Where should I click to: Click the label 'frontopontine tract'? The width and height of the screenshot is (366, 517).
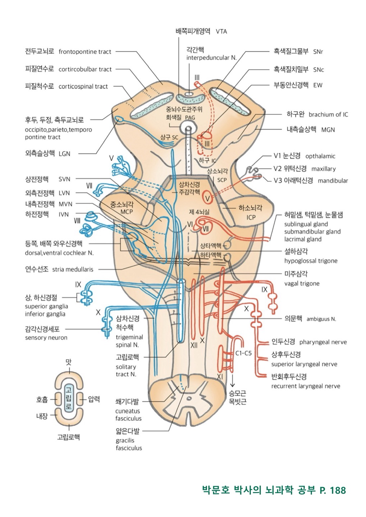tap(85, 52)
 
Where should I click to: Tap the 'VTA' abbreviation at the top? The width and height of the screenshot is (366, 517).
tap(221, 32)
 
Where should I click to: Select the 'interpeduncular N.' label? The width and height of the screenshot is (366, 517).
tap(211, 58)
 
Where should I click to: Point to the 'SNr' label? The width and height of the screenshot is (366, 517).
tap(318, 52)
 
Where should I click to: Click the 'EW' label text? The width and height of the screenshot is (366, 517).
tap(318, 85)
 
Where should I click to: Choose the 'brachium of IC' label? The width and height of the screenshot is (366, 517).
tap(328, 115)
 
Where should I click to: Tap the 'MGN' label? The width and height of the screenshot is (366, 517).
tap(328, 130)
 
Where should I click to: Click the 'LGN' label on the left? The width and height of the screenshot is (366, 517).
tap(64, 154)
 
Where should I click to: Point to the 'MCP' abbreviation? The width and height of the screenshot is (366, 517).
tap(127, 212)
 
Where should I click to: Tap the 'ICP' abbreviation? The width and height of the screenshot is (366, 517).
tap(251, 217)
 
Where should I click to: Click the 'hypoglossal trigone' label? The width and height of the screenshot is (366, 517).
tap(311, 261)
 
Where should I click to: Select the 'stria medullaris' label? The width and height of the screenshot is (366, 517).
tap(73, 269)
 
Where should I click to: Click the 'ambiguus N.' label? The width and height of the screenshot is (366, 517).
tap(321, 319)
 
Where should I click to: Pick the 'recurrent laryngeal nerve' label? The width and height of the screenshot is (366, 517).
tap(306, 386)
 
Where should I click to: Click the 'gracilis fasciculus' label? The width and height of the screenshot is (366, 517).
tap(129, 444)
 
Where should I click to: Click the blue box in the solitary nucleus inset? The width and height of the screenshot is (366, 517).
tap(69, 399)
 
